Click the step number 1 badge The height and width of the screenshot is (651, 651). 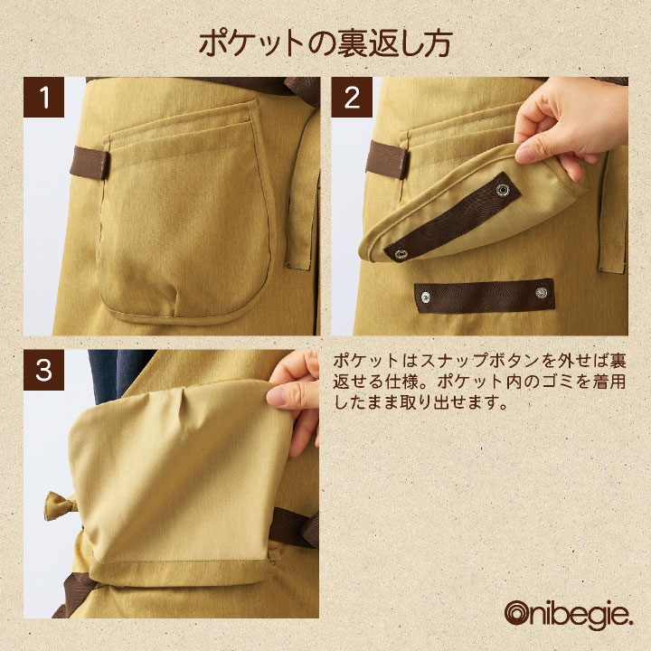(x=43, y=97)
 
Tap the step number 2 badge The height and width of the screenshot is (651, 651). (x=352, y=97)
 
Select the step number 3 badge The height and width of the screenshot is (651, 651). (x=43, y=370)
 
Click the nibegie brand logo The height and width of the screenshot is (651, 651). (x=569, y=615)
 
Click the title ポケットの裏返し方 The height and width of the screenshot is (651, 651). (x=325, y=44)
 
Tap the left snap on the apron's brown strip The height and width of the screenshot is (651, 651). (x=426, y=297)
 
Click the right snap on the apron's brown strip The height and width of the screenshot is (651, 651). (x=541, y=293)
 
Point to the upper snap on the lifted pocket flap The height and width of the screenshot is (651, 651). (x=504, y=190)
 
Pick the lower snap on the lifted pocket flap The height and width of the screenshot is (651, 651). (x=401, y=254)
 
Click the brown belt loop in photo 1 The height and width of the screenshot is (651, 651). (x=90, y=163)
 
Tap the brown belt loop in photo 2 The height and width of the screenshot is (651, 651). (x=386, y=160)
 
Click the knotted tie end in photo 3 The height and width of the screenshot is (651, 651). (x=61, y=505)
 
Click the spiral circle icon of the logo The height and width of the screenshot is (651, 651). (x=519, y=613)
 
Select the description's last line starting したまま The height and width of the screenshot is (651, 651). (x=420, y=402)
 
